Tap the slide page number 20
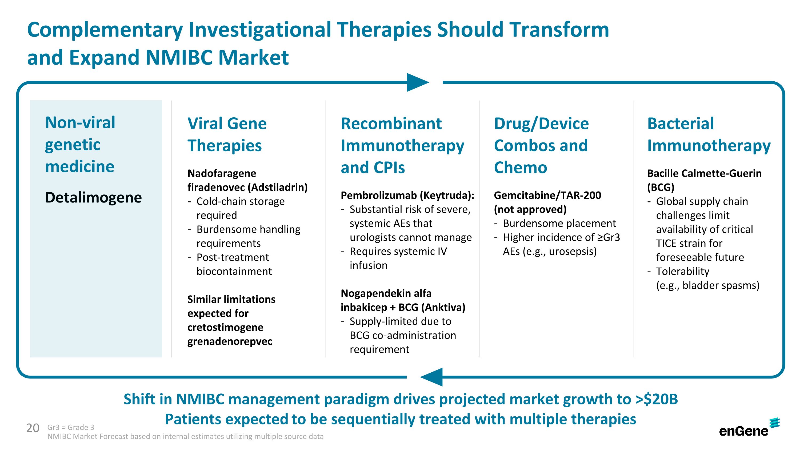pyautogui.click(x=33, y=428)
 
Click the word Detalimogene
pyautogui.click(x=94, y=197)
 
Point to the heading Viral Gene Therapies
pyautogui.click(x=227, y=134)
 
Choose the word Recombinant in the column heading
pyautogui.click(x=391, y=123)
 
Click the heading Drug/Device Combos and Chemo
pyautogui.click(x=541, y=145)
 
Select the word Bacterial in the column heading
pyautogui.click(x=681, y=123)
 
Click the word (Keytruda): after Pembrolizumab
pyautogui.click(x=447, y=195)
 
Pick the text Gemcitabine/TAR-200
pyautogui.click(x=547, y=195)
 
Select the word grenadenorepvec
pyautogui.click(x=230, y=341)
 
